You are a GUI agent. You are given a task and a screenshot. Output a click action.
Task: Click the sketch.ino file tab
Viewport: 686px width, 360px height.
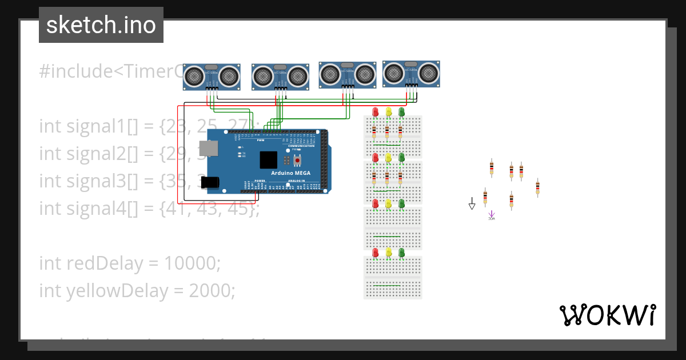(101, 25)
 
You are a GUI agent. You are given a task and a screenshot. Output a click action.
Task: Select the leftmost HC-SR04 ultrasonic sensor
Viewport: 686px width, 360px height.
(212, 77)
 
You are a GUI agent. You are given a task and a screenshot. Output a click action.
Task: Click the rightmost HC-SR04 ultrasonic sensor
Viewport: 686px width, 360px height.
(411, 74)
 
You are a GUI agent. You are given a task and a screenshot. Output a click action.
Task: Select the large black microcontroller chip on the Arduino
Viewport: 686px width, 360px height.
(269, 159)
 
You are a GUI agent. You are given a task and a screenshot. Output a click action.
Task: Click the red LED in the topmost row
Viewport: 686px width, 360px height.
(375, 112)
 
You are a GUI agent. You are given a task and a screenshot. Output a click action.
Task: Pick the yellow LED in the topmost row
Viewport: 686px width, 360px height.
(388, 112)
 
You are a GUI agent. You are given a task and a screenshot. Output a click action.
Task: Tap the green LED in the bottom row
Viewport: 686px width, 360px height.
(401, 252)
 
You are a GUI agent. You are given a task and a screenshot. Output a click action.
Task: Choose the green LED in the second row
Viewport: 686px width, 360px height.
(401, 157)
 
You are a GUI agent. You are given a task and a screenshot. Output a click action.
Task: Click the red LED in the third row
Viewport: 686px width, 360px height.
(375, 203)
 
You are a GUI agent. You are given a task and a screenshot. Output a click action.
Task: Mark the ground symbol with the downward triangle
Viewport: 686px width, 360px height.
(472, 204)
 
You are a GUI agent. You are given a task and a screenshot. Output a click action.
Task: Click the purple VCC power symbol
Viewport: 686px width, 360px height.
(491, 215)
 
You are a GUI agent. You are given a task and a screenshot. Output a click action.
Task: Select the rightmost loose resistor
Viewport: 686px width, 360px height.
(537, 187)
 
